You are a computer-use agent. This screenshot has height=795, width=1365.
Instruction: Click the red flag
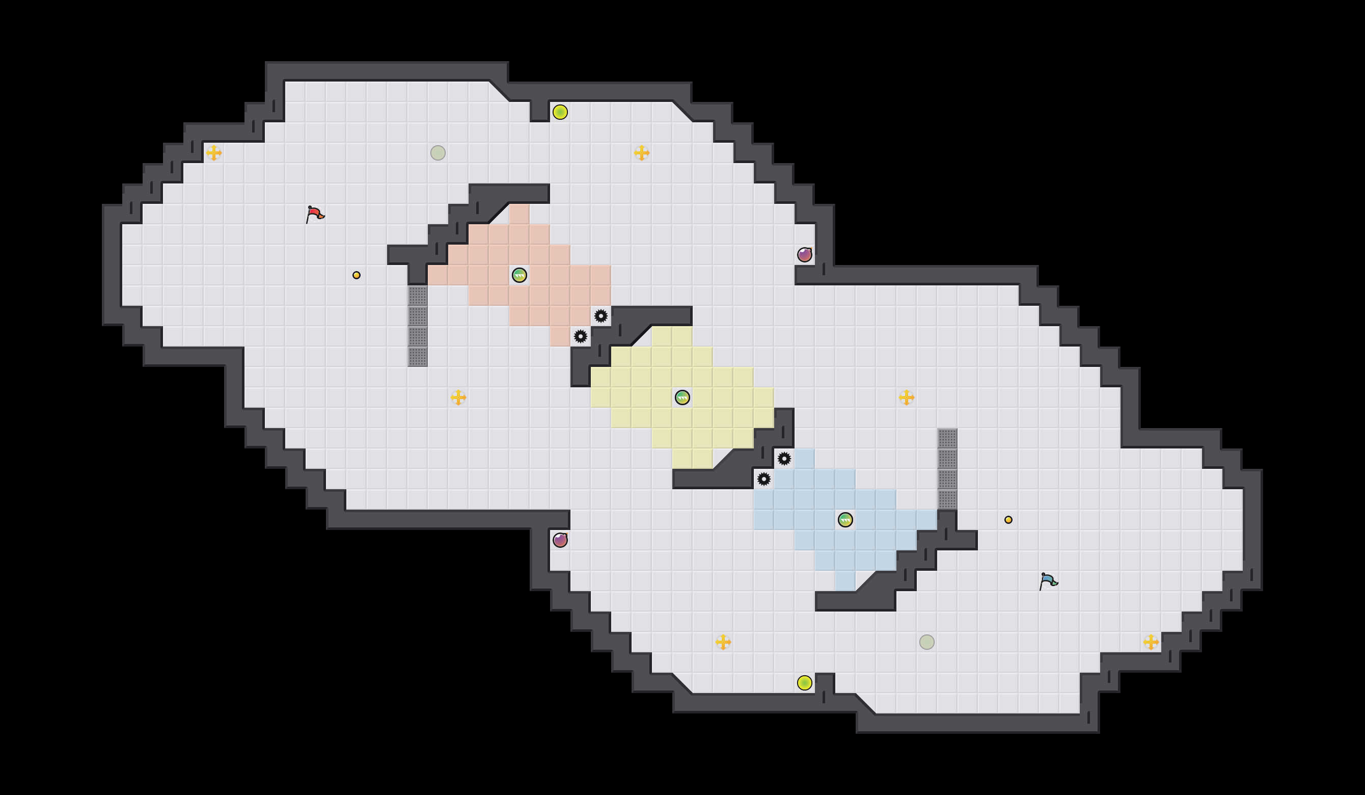[315, 214]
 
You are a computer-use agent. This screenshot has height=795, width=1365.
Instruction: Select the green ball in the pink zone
[519, 275]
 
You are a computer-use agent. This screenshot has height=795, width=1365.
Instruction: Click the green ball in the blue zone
[845, 520]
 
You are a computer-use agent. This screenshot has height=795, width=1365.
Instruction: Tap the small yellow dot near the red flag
[357, 275]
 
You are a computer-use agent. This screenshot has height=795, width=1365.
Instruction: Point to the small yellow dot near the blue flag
[1008, 520]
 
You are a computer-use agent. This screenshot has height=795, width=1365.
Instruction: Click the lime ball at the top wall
[560, 112]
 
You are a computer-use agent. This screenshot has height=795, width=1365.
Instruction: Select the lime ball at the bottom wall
[804, 683]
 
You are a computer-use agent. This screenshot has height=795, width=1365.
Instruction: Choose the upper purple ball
[804, 255]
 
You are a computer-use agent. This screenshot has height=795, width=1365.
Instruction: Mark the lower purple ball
[560, 540]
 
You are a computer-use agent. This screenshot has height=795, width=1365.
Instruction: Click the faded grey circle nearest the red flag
[438, 153]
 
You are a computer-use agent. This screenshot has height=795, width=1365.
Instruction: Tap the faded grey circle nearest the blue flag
[927, 642]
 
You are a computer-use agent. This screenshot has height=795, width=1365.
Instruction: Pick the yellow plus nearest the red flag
[214, 153]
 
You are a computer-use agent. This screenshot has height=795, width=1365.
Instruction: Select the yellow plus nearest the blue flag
[1151, 642]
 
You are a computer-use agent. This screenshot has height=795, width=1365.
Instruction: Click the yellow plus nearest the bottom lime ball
[723, 642]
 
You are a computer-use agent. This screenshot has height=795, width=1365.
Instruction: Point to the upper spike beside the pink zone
[600, 316]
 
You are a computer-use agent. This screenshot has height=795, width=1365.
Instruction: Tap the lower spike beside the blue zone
[764, 479]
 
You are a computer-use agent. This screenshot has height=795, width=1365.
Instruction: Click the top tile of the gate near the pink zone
[418, 296]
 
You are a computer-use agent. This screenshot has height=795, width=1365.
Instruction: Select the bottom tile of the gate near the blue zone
[947, 499]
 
